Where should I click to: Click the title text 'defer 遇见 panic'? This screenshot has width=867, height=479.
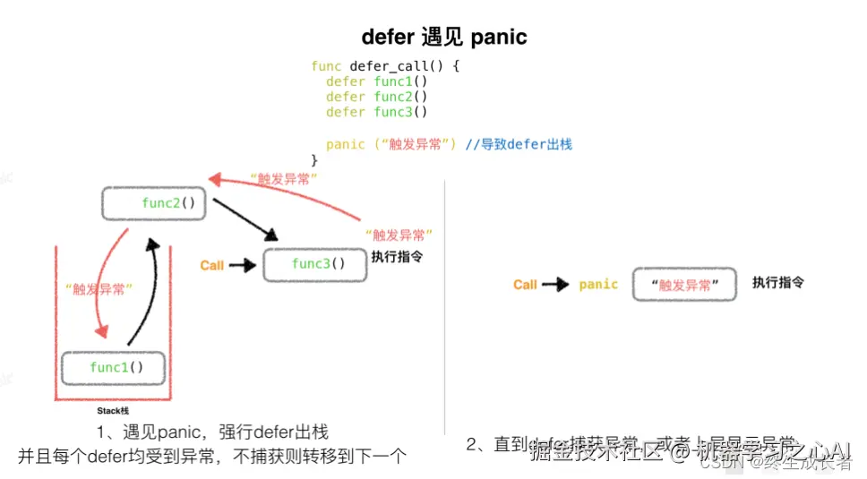(444, 37)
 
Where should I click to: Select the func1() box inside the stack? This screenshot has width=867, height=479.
(116, 367)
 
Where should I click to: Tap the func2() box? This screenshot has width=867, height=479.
(154, 203)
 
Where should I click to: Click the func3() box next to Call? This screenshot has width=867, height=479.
(315, 264)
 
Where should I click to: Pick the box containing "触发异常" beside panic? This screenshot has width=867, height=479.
(684, 284)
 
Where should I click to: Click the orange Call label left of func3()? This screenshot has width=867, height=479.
(212, 265)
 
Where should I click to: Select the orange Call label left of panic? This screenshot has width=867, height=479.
(525, 285)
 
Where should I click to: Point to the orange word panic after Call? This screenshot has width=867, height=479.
(598, 285)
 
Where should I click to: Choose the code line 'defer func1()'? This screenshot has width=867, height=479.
(376, 81)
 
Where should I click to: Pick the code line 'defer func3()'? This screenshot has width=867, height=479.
(376, 112)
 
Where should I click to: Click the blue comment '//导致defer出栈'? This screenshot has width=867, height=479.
(519, 144)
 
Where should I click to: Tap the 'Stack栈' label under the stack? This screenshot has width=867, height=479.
(113, 411)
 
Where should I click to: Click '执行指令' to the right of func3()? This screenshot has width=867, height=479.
(397, 256)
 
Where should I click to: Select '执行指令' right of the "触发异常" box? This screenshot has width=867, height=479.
(777, 283)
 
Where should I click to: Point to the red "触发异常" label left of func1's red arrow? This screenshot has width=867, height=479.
(99, 288)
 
